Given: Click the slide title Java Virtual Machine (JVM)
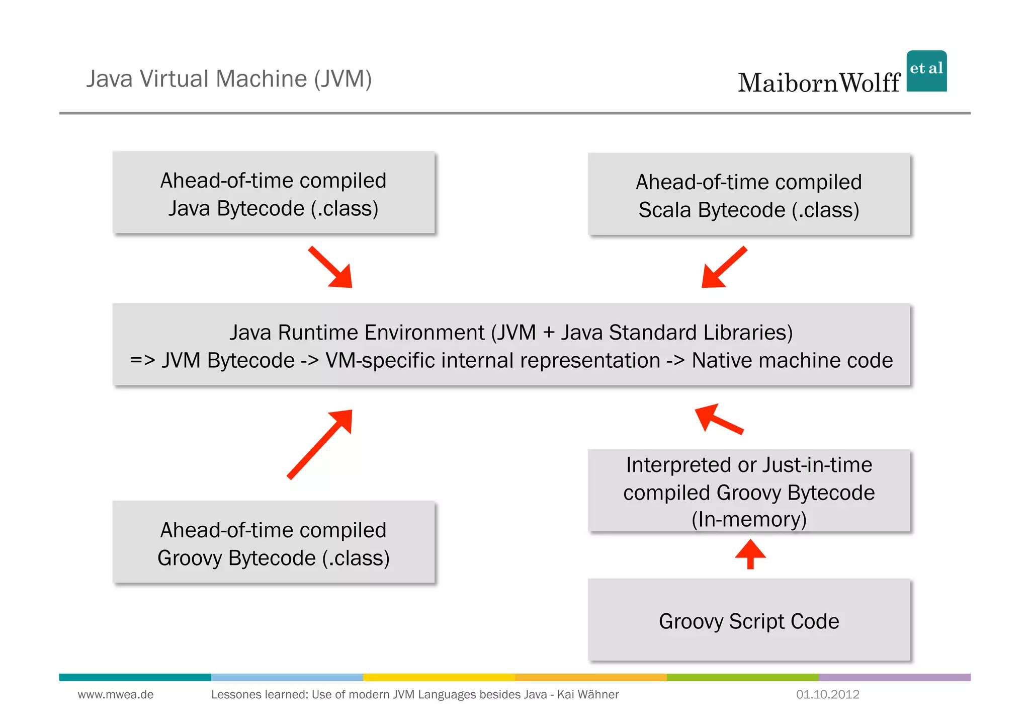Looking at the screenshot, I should point(229,79).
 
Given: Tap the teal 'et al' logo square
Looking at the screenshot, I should point(926,71).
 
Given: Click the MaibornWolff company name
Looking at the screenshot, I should point(819,83).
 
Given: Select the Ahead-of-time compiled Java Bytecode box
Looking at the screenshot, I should point(274,193).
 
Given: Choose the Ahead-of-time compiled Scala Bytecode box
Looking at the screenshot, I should point(749,194).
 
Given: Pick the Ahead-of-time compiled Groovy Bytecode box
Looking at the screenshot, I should point(274,542).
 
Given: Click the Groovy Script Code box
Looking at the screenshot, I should point(749,620).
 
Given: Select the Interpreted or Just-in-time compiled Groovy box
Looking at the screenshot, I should point(749,491).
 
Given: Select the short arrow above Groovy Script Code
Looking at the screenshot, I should point(750,554).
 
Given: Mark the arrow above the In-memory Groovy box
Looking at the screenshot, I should point(718,419).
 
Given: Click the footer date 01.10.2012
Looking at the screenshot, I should point(827,695).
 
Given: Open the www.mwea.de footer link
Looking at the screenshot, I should point(116,695).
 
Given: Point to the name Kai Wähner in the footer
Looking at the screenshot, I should point(588,695).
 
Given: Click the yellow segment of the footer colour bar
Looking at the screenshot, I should point(439,677).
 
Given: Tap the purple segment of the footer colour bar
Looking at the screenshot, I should point(894,677).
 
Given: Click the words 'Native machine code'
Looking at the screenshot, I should point(792,361).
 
